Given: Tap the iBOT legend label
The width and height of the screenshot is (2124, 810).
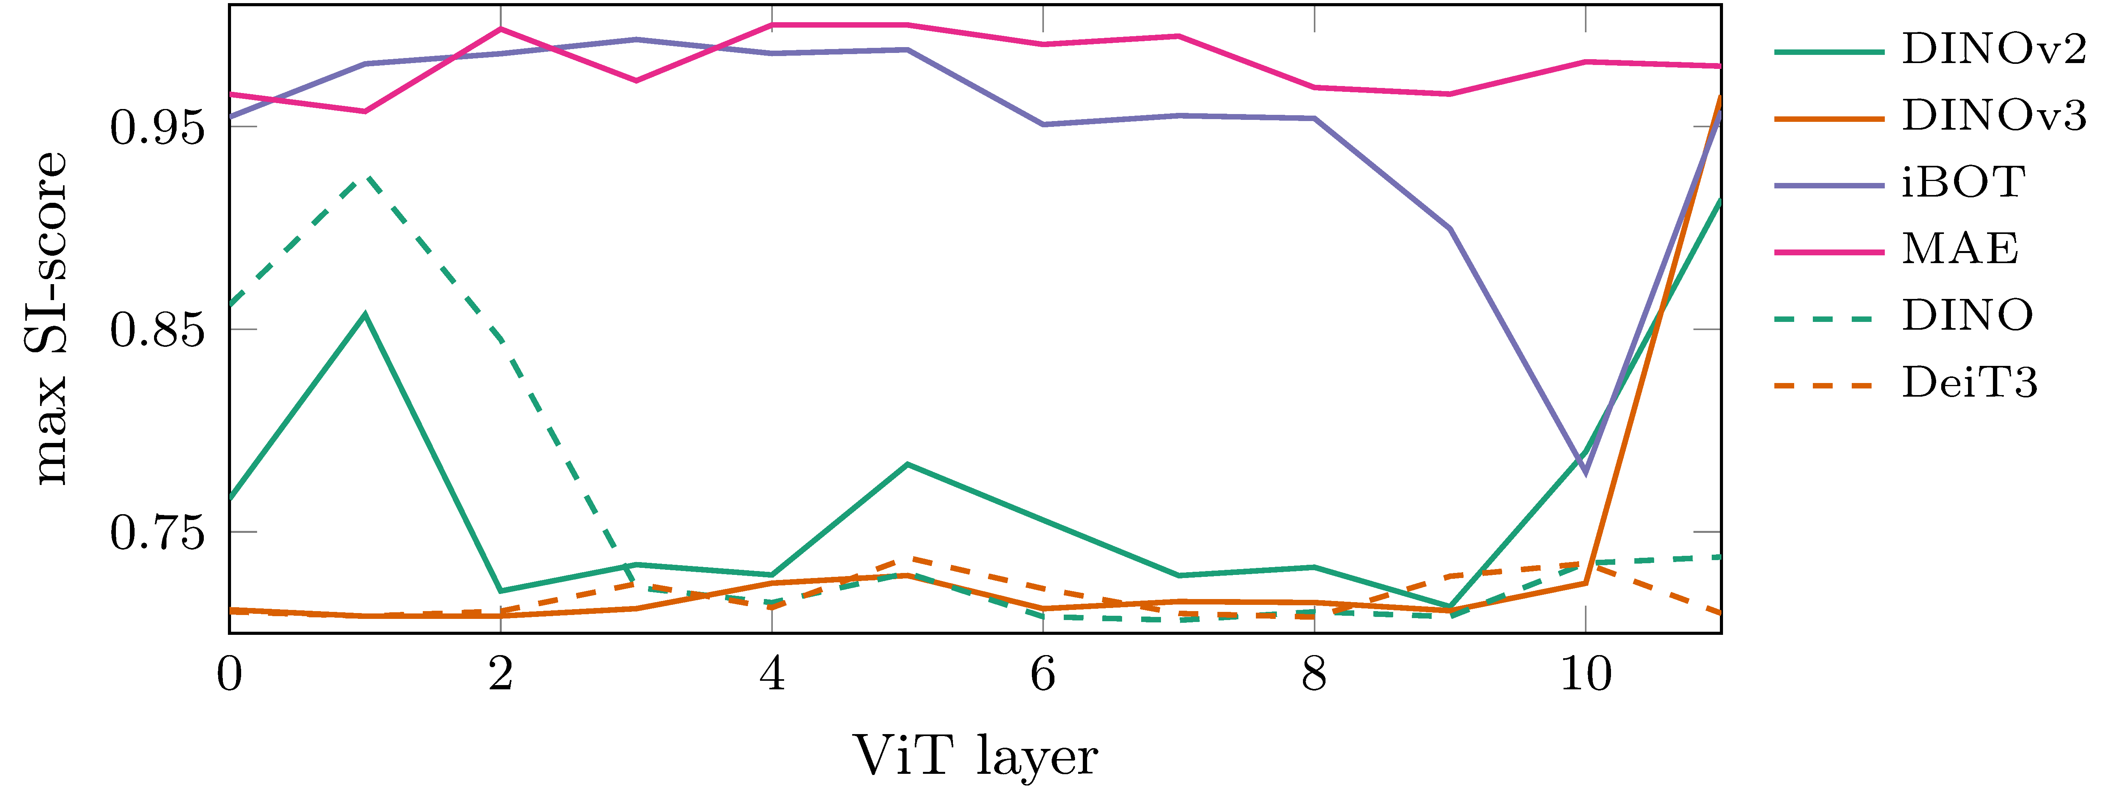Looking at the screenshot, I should pos(1962,183).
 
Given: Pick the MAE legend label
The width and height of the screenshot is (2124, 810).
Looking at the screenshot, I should pos(1960,249).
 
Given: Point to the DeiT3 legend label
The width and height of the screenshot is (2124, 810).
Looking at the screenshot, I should pos(1969,383).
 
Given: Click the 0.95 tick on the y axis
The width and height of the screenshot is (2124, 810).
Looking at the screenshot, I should pos(157,128).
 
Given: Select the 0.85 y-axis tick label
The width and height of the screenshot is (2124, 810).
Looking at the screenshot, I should pos(157,330).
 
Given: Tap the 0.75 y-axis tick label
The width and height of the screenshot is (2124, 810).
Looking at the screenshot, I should pos(157,533).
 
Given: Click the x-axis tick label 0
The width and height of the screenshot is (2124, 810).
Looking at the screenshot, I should pos(229,675).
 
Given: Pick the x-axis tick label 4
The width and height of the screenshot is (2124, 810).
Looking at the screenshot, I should pos(772,675).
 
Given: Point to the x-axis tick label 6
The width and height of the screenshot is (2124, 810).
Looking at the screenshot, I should pos(1043,675).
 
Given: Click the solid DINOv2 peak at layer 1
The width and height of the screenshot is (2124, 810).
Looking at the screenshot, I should pos(365,314).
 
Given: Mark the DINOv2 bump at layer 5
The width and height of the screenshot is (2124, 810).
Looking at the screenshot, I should pos(907,464).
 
